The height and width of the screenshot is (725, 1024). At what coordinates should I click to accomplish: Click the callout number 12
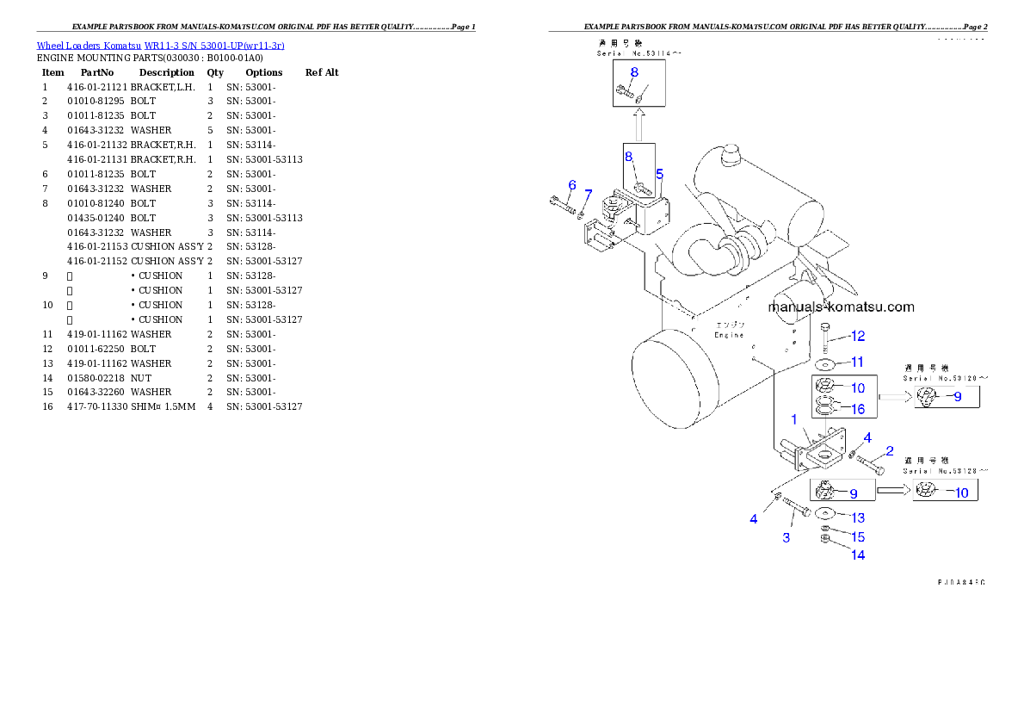[x=858, y=336]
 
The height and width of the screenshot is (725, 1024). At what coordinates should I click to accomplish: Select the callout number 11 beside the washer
[x=857, y=362]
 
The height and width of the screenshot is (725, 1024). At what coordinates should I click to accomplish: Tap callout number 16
[x=858, y=410]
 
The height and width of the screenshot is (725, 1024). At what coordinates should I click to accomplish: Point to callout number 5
[x=659, y=173]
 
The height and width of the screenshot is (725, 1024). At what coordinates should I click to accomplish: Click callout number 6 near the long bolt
[x=571, y=185]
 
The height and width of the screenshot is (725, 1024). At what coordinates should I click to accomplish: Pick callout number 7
[x=589, y=193]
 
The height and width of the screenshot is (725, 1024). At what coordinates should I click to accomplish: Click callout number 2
[x=889, y=451]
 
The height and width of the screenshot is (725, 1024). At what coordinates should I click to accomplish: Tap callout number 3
[x=786, y=538]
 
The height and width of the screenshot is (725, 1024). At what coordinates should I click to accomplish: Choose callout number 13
[x=858, y=518]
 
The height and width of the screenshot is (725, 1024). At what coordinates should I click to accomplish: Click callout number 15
[x=858, y=537]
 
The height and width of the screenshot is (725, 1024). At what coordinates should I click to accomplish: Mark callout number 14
[x=858, y=555]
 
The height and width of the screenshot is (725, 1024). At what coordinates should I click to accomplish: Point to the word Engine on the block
[x=729, y=335]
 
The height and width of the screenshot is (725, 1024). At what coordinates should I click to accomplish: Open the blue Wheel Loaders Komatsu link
[x=160, y=46]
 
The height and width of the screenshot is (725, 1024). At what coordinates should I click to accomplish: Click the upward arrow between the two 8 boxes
[x=638, y=127]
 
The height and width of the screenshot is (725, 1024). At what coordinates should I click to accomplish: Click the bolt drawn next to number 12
[x=825, y=337]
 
